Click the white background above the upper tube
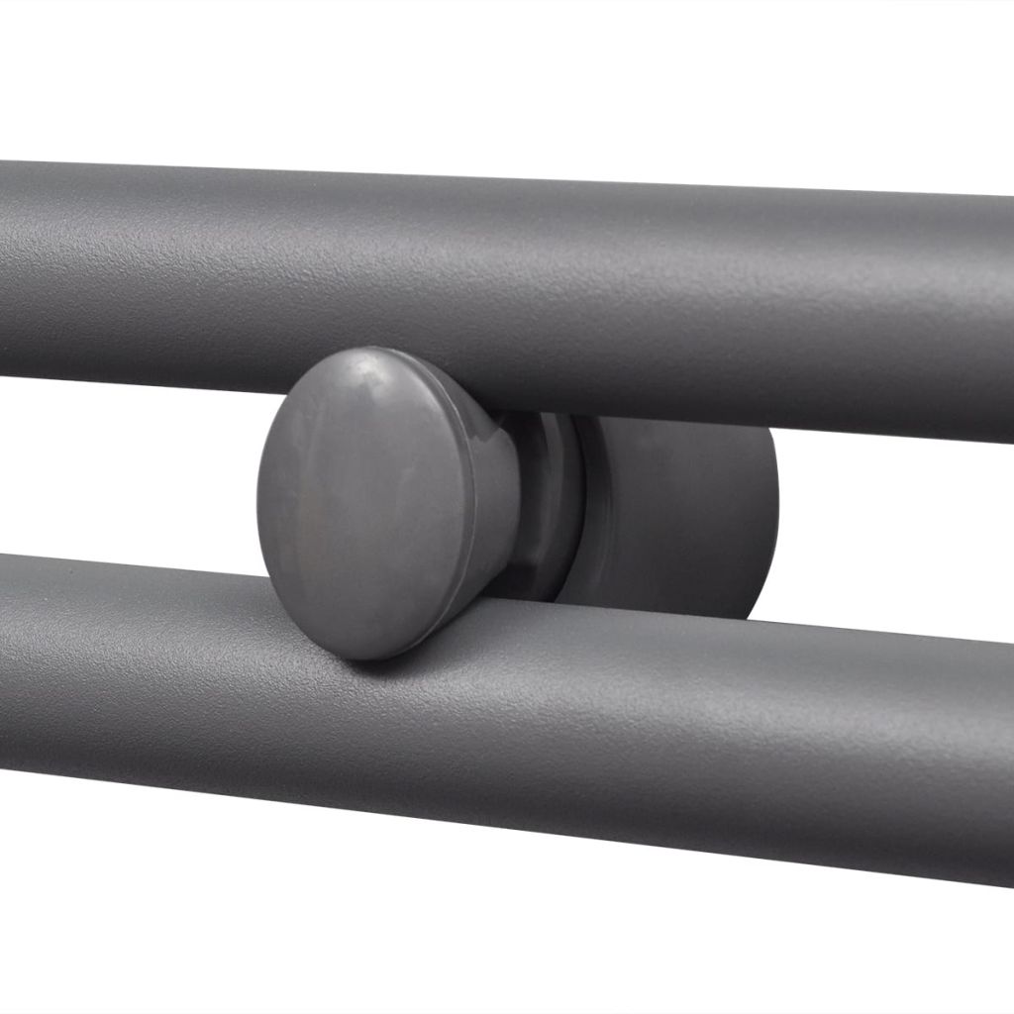495,79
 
